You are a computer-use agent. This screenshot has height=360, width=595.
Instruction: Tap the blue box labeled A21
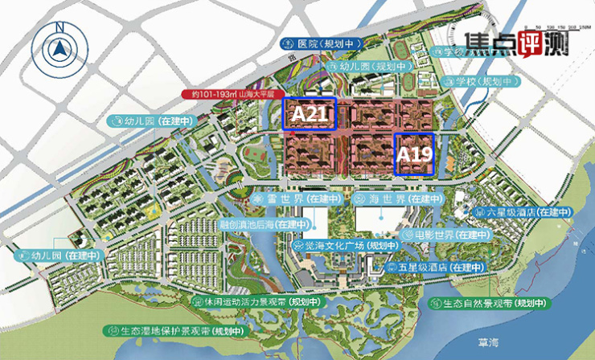tap(309, 114)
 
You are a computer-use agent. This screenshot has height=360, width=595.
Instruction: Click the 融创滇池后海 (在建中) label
tap(261, 224)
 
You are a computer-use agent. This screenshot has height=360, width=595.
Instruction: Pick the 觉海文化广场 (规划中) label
tap(341, 246)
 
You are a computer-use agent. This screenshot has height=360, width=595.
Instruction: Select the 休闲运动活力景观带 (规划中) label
tap(254, 300)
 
